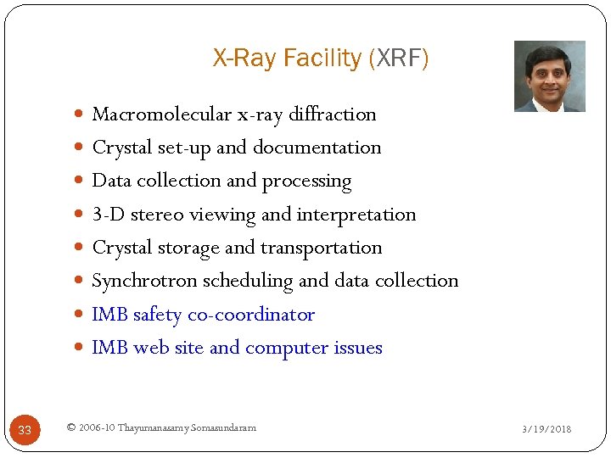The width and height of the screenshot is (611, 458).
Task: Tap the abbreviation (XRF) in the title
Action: click(399, 59)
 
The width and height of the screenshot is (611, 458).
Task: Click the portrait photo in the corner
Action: click(549, 76)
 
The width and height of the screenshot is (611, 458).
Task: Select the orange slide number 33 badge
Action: click(25, 430)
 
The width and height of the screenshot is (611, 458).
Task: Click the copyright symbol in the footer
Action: click(70, 427)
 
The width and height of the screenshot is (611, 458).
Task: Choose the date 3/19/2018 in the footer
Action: click(547, 429)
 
